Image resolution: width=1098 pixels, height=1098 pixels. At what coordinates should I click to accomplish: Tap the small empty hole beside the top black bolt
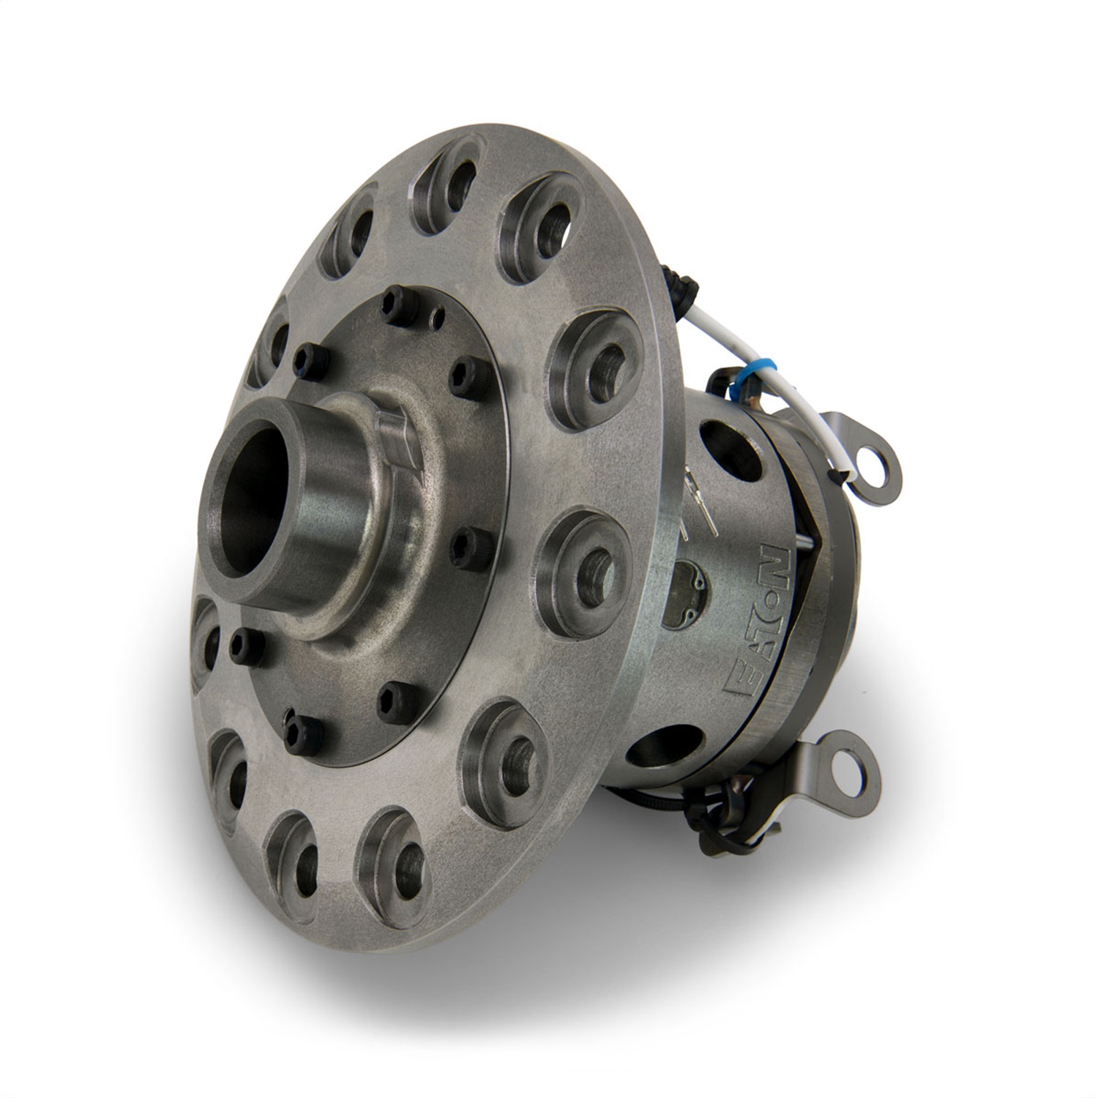[438, 315]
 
